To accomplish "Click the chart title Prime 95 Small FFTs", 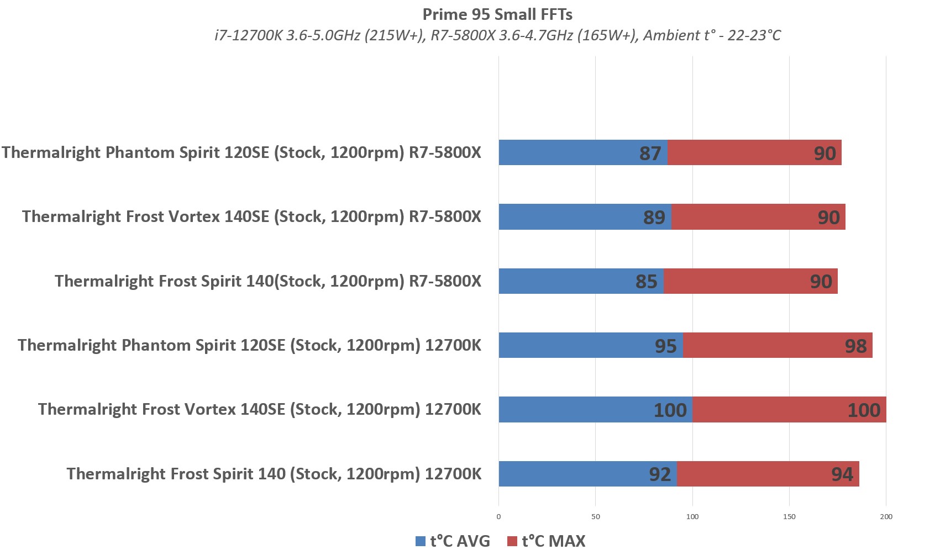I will (x=497, y=14).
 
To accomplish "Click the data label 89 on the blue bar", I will (x=654, y=217).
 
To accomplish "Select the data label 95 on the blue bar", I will (x=665, y=346).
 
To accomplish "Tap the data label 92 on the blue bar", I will (x=660, y=474).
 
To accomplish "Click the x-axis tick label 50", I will (x=595, y=517).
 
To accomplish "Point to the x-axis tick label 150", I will (x=789, y=517).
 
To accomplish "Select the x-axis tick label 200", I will (x=886, y=517).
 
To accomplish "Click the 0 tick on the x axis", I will (x=498, y=517).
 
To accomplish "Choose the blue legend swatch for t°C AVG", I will (x=421, y=541).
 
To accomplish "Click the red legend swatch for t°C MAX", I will (x=512, y=541).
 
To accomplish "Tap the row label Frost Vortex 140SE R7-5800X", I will (x=251, y=216).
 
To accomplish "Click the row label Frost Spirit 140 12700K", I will (x=274, y=474).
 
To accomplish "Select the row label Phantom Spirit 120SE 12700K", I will (x=249, y=345).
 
